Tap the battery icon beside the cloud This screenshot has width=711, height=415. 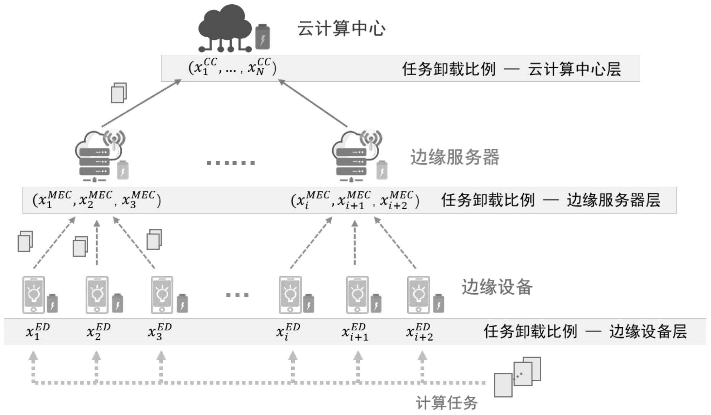262,37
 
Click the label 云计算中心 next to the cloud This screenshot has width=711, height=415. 341,29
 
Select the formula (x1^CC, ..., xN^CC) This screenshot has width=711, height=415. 232,67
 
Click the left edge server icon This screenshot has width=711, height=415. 99,156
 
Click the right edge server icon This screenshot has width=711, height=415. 356,156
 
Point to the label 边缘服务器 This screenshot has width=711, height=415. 455,157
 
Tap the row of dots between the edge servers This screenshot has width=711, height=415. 231,163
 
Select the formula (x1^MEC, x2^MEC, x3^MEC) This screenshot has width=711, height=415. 97,200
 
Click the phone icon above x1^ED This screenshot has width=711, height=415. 34,295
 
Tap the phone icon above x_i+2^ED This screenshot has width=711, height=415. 418,295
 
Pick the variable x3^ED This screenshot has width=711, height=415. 160,331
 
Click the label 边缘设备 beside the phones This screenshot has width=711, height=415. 496,287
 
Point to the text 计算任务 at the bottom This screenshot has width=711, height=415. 446,403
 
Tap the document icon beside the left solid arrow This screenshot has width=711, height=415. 119,93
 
